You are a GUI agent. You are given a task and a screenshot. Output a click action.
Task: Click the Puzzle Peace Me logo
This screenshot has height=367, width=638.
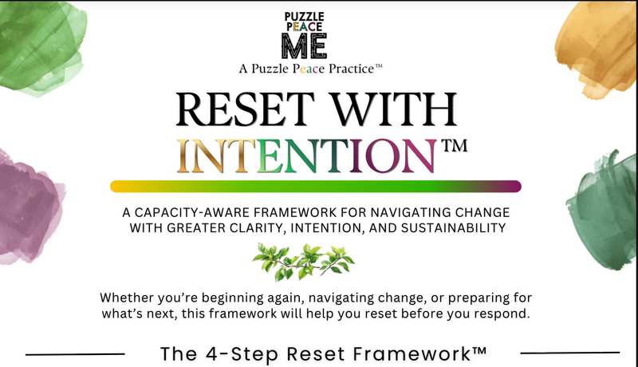(305, 35)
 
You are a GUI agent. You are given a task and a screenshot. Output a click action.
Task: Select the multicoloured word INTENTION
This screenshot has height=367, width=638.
(307, 156)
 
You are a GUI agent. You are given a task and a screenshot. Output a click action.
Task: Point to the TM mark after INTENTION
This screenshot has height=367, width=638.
(455, 145)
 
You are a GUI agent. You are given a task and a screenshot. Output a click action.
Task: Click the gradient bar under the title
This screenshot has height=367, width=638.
(316, 187)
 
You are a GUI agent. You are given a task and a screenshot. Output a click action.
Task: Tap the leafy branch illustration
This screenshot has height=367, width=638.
(303, 262)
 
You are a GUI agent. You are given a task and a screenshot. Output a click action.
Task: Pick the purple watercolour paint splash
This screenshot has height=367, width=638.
(30, 208)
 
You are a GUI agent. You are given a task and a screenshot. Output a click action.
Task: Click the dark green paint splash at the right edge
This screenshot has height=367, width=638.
(604, 211)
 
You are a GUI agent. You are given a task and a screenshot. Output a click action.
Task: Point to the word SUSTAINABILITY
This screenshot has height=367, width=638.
(453, 228)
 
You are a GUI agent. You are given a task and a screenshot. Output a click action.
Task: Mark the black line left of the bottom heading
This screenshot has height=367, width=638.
(75, 354)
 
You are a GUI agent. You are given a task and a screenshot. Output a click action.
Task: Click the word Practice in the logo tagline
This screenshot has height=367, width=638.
(351, 69)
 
